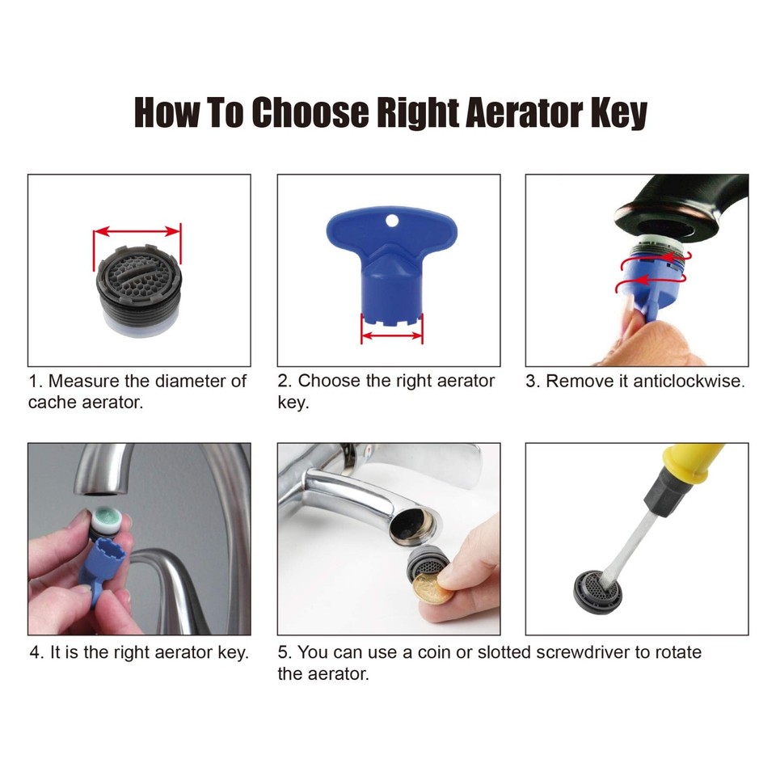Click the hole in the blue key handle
point(391,221)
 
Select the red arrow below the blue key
point(391,337)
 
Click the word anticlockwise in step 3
point(686,382)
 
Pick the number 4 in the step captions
point(36,652)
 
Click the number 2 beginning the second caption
point(283,382)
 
